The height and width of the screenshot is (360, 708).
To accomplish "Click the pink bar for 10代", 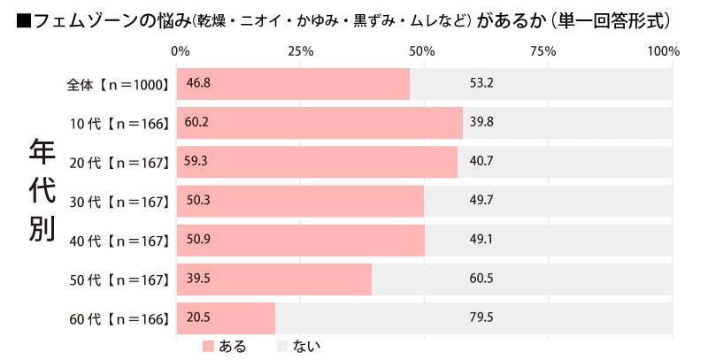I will click(x=320, y=123).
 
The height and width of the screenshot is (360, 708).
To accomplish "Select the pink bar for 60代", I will click(x=227, y=317).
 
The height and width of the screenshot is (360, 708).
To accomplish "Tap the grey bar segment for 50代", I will click(x=522, y=279).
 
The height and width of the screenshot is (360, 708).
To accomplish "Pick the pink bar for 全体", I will click(x=294, y=84).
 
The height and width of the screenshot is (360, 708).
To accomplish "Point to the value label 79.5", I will click(x=481, y=318).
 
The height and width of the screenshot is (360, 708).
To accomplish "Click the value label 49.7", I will click(x=481, y=201).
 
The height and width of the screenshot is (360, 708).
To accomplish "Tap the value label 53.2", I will click(x=481, y=84).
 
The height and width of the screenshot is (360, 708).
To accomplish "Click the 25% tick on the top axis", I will click(x=301, y=51).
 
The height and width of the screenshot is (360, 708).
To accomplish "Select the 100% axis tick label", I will click(x=663, y=51).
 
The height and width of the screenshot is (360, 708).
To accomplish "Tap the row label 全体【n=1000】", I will click(x=119, y=84).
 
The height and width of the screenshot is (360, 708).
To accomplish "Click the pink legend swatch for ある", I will click(x=209, y=345).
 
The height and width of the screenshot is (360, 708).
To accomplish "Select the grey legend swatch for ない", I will click(x=282, y=345).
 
